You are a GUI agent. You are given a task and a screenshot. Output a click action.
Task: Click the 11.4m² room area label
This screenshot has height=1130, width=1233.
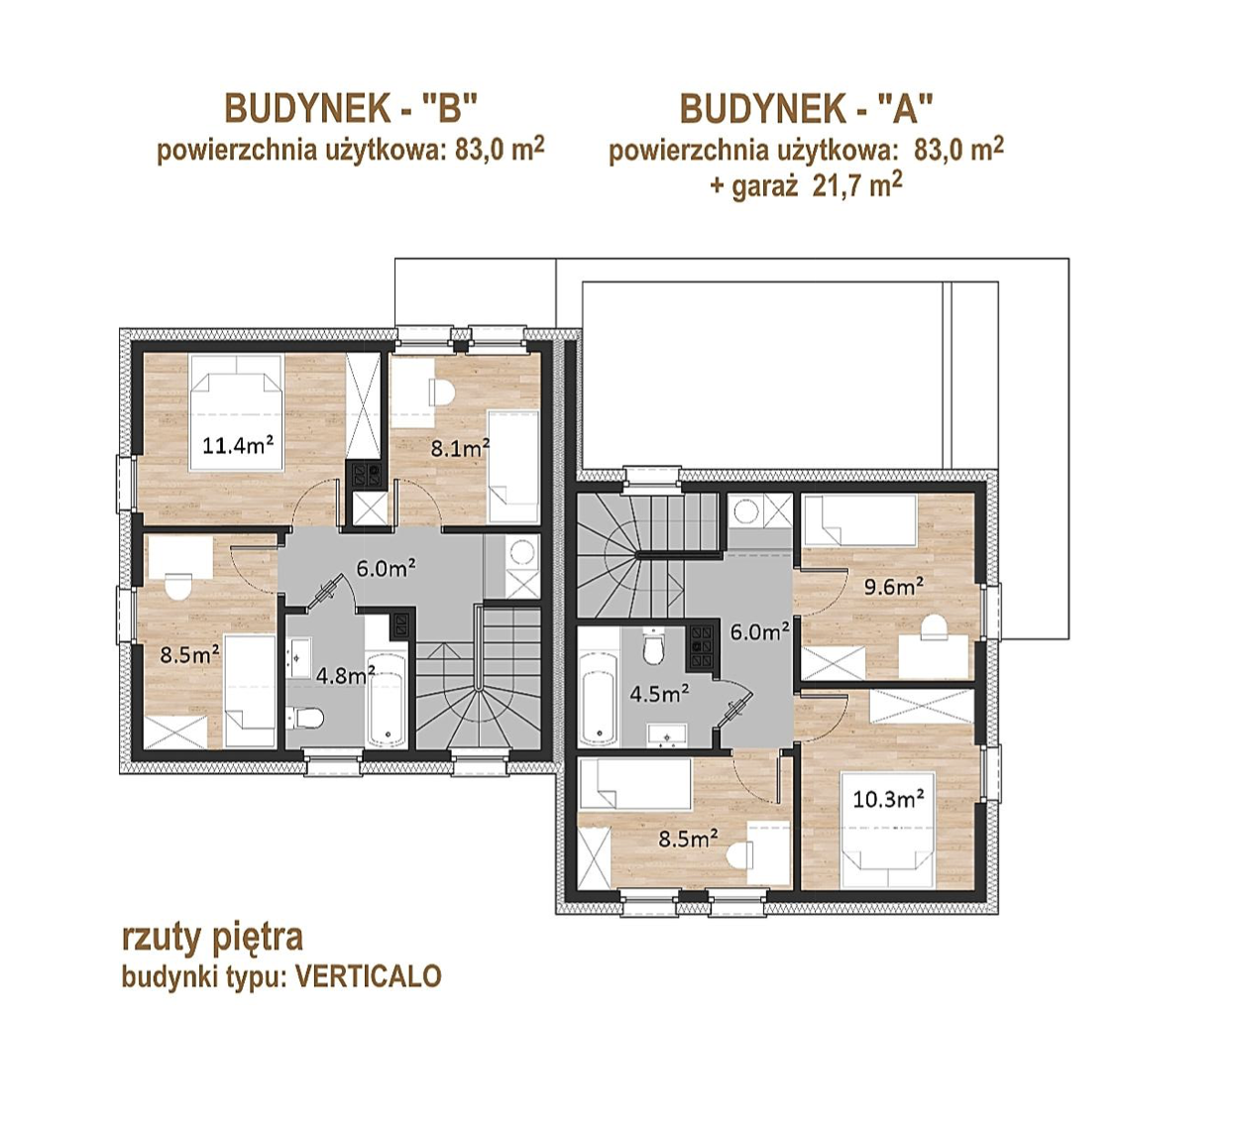[x=238, y=446]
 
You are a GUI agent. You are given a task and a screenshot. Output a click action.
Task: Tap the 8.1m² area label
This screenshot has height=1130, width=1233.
[x=460, y=448]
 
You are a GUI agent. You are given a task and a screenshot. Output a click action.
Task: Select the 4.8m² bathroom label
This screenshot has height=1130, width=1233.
[x=346, y=676]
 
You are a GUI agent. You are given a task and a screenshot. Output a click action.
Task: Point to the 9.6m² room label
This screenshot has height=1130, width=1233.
[x=894, y=587]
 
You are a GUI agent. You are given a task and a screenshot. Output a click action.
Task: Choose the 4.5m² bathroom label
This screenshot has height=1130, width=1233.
[x=659, y=694]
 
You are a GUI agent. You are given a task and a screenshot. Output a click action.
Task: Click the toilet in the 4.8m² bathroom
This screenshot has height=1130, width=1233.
[x=305, y=718]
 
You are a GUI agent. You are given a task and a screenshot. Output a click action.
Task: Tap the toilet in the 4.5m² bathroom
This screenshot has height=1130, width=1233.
[x=653, y=645]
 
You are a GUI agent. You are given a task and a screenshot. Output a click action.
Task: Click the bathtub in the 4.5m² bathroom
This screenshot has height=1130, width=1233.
[x=599, y=700]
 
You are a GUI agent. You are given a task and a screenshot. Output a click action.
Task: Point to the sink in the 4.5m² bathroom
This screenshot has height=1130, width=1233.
[x=667, y=734]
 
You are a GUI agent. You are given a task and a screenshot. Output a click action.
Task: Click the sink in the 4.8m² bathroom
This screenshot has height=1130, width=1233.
[x=298, y=657]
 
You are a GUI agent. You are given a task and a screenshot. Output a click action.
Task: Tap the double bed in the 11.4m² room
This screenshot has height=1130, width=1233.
[x=237, y=412]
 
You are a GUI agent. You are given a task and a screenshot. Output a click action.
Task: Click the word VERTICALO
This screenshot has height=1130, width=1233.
[x=369, y=975]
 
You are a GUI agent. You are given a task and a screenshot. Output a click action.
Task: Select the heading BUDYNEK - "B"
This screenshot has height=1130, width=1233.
[x=351, y=109]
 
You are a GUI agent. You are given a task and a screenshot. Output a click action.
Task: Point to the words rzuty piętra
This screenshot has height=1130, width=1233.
[x=213, y=939]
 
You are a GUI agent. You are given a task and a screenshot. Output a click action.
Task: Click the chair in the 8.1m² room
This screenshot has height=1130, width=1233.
[x=442, y=392]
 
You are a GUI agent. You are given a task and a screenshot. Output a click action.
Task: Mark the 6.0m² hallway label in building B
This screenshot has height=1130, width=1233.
[x=386, y=568]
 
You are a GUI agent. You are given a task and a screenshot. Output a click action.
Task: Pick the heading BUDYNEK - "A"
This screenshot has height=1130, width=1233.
[x=807, y=109]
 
